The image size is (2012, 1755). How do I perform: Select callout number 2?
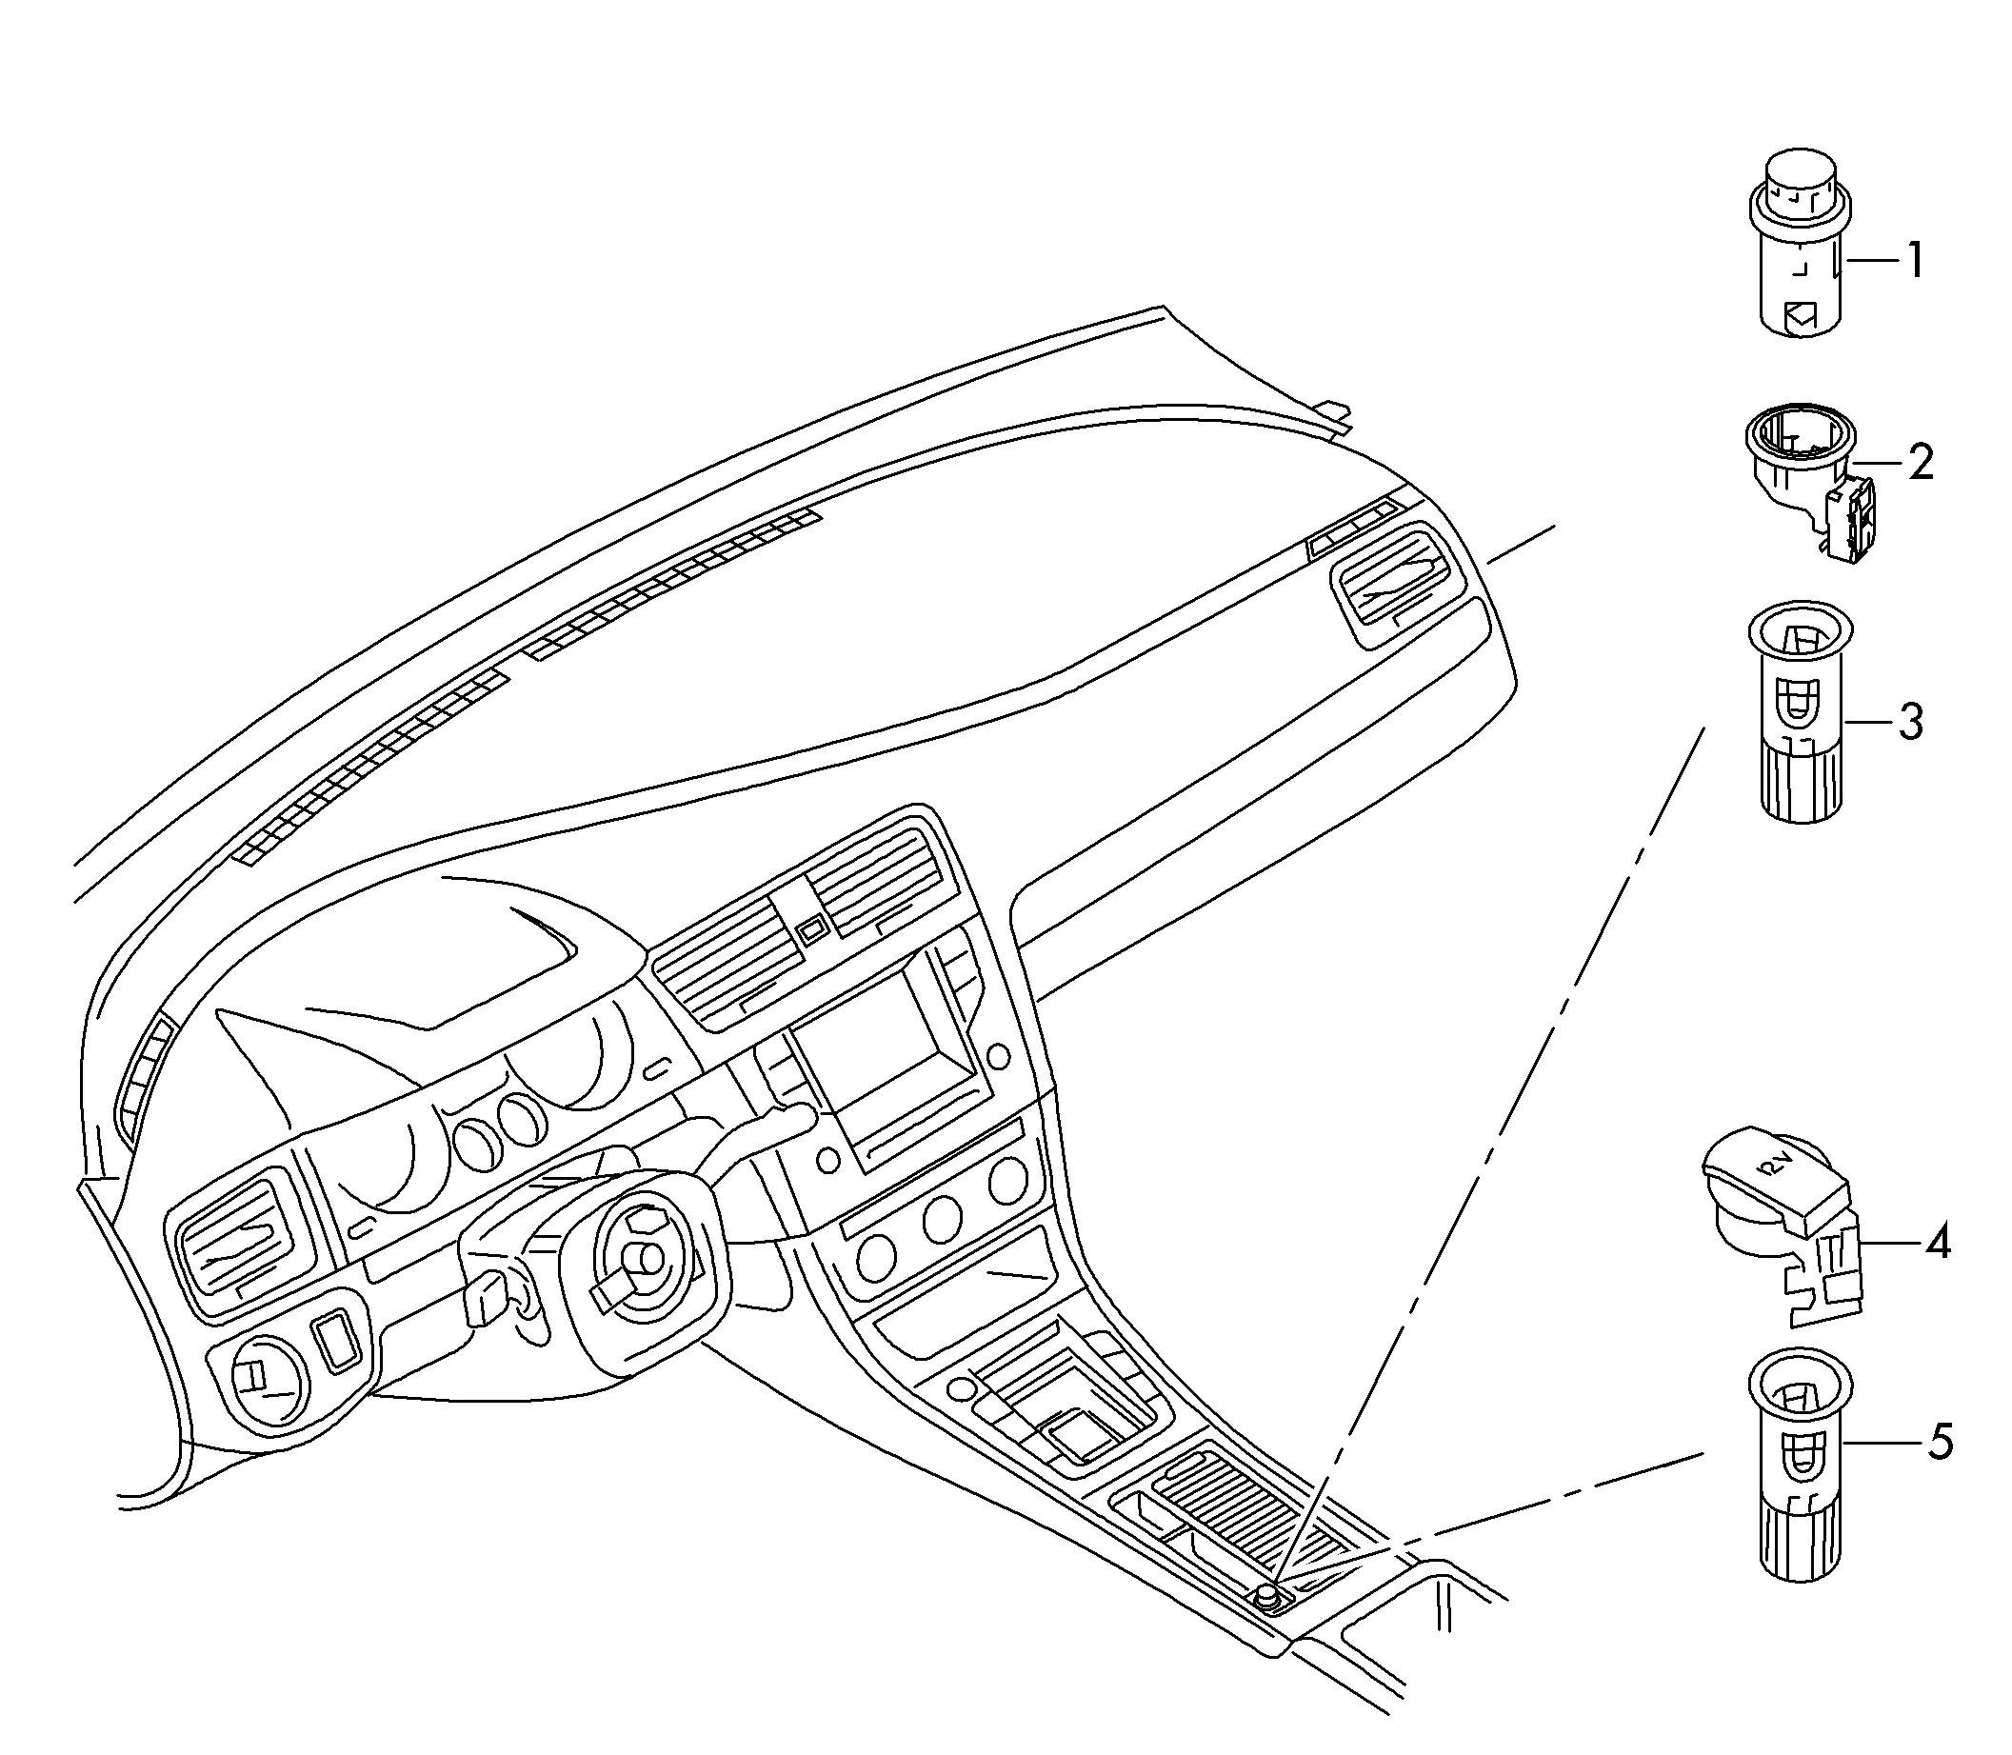pyautogui.click(x=1921, y=462)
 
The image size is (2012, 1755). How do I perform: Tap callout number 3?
pyautogui.click(x=1910, y=723)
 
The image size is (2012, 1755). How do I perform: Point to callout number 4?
pyautogui.click(x=1938, y=1243)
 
